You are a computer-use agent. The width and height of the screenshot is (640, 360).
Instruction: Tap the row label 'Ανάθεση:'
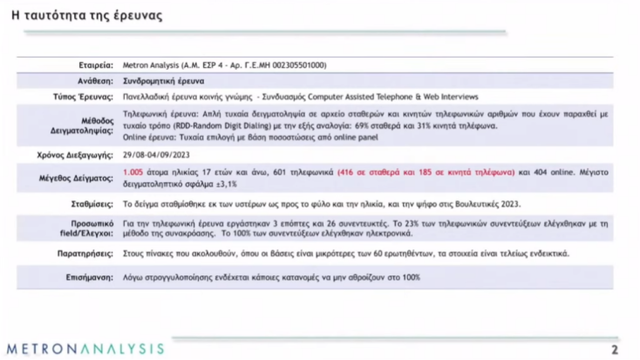[x=95, y=80]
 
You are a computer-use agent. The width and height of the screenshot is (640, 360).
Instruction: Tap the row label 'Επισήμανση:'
[x=89, y=276]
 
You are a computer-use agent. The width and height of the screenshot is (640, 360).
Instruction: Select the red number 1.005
[x=133, y=173]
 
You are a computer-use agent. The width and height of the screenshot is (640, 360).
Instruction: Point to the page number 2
[x=615, y=350]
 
